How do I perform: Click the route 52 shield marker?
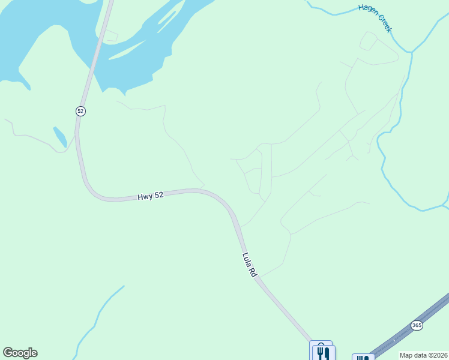click(81, 111)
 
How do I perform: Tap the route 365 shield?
click(417, 325)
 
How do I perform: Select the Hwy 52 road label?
click(150, 196)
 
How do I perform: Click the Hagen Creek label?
click(375, 17)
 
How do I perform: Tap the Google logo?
click(20, 353)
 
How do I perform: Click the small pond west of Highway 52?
click(60, 137)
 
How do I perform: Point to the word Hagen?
click(368, 10)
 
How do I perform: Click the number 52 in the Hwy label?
click(158, 196)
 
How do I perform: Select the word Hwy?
click(145, 197)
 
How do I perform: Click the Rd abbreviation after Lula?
click(253, 271)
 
